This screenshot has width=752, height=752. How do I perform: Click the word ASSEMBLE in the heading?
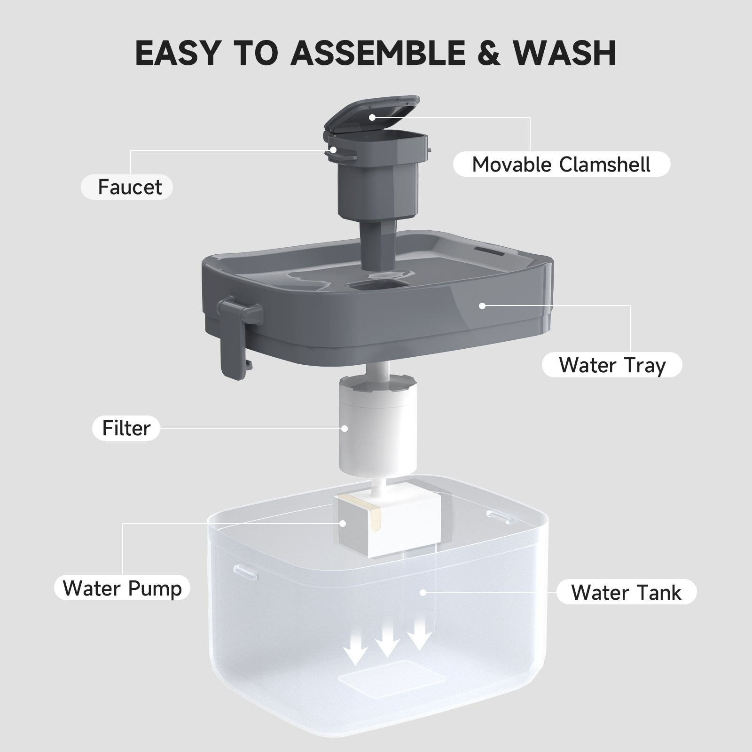pyautogui.click(x=377, y=53)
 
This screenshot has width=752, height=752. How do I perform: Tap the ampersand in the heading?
pyautogui.click(x=489, y=53)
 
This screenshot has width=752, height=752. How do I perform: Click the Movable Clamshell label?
pyautogui.click(x=561, y=164)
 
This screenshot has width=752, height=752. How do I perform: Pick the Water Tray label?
pyautogui.click(x=612, y=365)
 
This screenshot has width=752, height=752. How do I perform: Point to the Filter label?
pyautogui.click(x=126, y=428)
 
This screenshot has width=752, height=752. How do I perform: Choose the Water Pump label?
pyautogui.click(x=122, y=587)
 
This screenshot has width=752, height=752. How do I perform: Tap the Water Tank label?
pyautogui.click(x=626, y=592)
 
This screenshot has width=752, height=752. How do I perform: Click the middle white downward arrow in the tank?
pyautogui.click(x=387, y=641)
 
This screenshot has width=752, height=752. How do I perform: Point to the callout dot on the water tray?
pyautogui.click(x=482, y=305)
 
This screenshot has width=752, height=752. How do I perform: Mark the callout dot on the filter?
pyautogui.click(x=345, y=428)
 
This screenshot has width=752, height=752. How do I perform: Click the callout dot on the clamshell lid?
pyautogui.click(x=372, y=117)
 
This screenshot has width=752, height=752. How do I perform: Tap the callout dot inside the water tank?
pyautogui.click(x=423, y=593)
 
